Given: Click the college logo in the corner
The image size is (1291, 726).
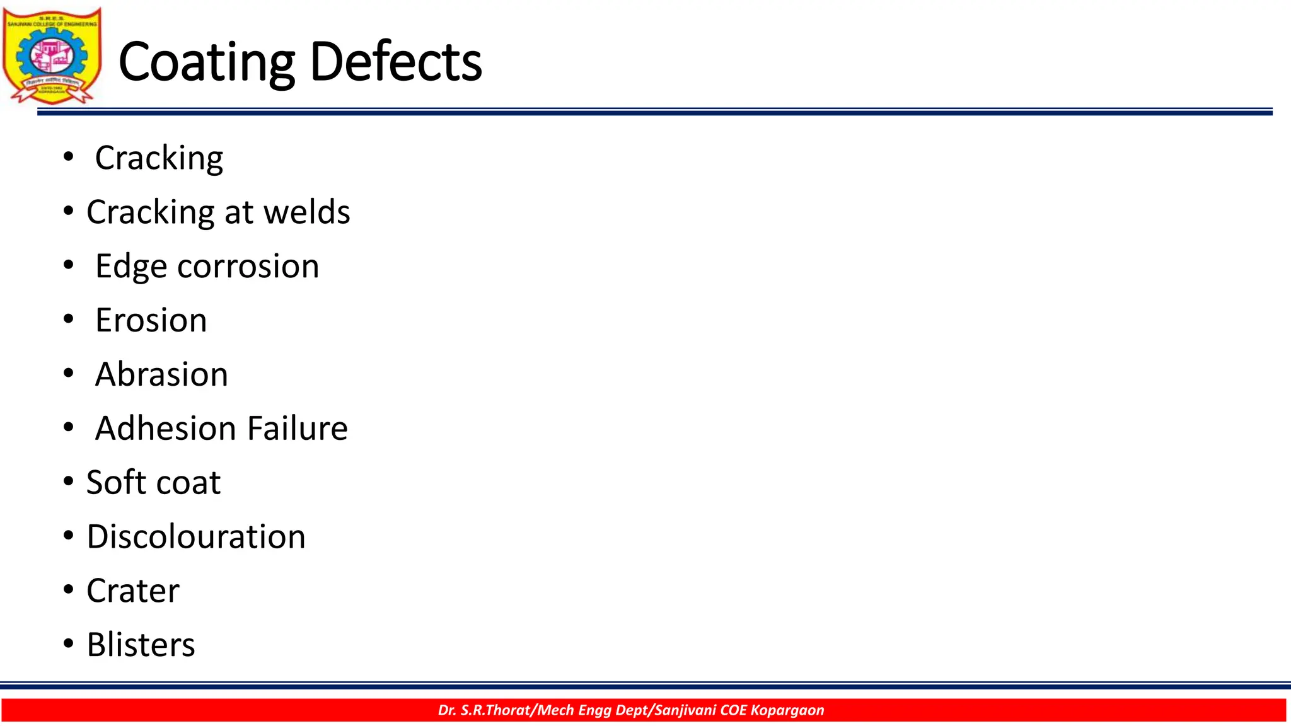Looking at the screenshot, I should tap(52, 55).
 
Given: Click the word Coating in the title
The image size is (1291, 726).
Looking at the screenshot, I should tap(206, 62).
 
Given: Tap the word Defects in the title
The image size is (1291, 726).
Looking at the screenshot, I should tap(396, 62).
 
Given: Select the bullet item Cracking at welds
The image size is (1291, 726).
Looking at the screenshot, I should tap(218, 212).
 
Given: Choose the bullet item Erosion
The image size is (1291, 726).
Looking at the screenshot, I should tap(151, 320).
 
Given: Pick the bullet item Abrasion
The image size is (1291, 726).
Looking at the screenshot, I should tap(161, 374).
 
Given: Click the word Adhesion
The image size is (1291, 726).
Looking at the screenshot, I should tap(166, 429).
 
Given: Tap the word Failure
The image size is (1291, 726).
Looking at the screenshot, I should tap(298, 429).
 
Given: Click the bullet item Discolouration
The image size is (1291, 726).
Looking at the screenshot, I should tap(196, 537).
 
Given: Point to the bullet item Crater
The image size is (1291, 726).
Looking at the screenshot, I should tap(133, 591).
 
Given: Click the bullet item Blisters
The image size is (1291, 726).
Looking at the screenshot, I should tap(141, 645).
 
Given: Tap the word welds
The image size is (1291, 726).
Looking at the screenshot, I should tap(306, 212).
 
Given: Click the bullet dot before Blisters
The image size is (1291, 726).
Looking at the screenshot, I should tap(68, 645).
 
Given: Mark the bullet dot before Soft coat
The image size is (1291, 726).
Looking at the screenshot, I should tap(68, 483).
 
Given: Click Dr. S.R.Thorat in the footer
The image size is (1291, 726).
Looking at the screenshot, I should tap(485, 710).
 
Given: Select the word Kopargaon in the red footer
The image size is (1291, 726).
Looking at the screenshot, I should tap(787, 710).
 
